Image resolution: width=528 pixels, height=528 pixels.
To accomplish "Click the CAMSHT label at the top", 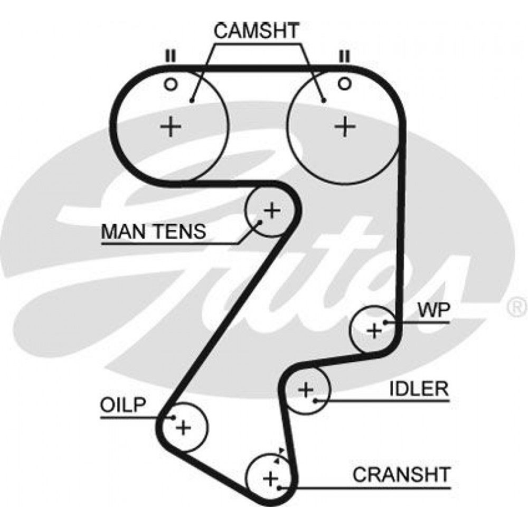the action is coord(256,31).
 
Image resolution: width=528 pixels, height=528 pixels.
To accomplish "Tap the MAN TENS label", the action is coord(154,231).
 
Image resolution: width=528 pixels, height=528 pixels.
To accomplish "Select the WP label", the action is coord(433,310).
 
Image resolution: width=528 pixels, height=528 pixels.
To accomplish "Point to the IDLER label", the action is coord(419,389).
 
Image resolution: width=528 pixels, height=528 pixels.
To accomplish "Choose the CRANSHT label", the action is coord(401,475).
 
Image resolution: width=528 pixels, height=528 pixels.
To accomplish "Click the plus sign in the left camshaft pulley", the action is coord(171,127).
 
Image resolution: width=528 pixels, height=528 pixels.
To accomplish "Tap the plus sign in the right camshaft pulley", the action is coord(344,127).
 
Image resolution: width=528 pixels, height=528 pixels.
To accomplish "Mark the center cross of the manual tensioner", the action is coord(272,211).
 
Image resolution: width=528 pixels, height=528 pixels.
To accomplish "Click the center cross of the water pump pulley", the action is coord(374,331).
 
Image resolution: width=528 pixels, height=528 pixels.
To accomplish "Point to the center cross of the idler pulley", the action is coord(306,390).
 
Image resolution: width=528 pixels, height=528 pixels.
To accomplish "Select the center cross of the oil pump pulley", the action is coord(184,428).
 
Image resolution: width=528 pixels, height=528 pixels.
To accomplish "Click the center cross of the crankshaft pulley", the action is coord(270,478).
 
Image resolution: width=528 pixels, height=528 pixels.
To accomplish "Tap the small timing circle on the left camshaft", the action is coord(171,84).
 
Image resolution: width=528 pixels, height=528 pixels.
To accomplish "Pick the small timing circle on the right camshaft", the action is coord(344,83).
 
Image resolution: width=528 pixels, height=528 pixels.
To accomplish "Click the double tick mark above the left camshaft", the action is coord(171,56).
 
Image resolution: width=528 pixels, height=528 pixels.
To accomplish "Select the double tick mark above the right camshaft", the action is coord(344,56).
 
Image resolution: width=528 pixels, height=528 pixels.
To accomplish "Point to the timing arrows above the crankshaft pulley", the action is coord(279,455).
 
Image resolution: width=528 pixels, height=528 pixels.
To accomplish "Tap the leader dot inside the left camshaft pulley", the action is coord(192,100).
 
